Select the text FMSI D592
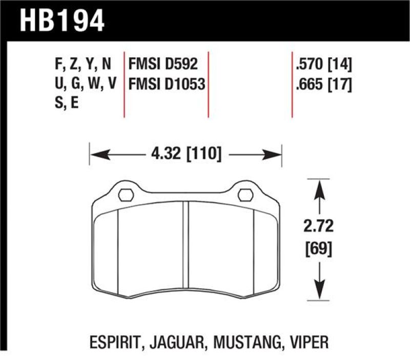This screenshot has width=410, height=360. (x=162, y=65)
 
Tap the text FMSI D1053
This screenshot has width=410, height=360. (x=166, y=84)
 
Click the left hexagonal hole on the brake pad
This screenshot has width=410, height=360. (x=126, y=195)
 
